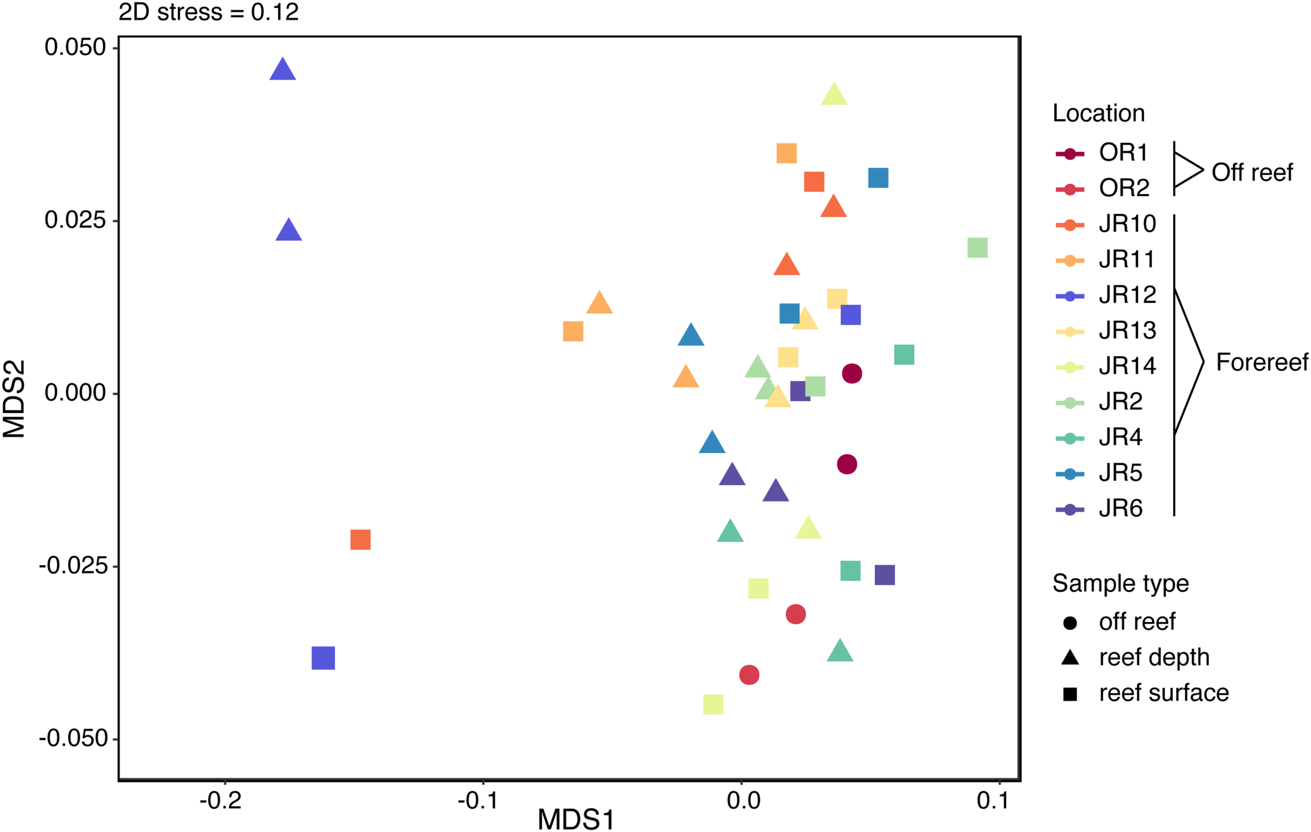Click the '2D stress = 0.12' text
[x=209, y=12]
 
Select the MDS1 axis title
[x=575, y=819]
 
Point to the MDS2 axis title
[x=14, y=399]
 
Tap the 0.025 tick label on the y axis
[x=74, y=220]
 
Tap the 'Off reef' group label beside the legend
[x=1252, y=173]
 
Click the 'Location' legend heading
[x=1099, y=113]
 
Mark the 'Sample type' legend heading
[x=1121, y=584]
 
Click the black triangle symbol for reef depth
[x=1070, y=658]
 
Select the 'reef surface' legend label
[x=1164, y=693]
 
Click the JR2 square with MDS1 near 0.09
[x=977, y=248]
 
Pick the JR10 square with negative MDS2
[x=360, y=540]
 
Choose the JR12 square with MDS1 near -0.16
[x=323, y=658]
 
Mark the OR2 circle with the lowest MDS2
[x=749, y=675]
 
